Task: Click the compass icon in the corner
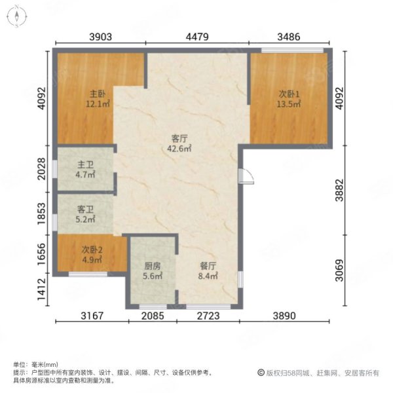[x=16, y=16]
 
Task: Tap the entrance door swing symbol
[x=246, y=176]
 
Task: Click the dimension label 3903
[x=100, y=37]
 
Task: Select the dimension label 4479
[x=197, y=37]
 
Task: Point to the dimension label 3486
[x=289, y=37]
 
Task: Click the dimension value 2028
[x=42, y=169]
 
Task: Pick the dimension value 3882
[x=339, y=190]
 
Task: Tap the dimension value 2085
[x=153, y=316]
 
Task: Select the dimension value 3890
[x=284, y=316]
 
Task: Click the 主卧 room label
[x=98, y=94]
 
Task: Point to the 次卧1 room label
[x=289, y=94]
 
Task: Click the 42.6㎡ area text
[x=179, y=149]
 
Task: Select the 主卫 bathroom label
[x=85, y=164]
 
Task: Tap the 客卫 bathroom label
[x=85, y=210]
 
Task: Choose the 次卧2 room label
[x=92, y=250]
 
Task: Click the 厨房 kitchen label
[x=153, y=266]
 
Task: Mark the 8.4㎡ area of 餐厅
[x=208, y=276]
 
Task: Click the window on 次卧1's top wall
[x=292, y=50]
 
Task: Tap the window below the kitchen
[x=153, y=307]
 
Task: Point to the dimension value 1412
[x=42, y=290]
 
